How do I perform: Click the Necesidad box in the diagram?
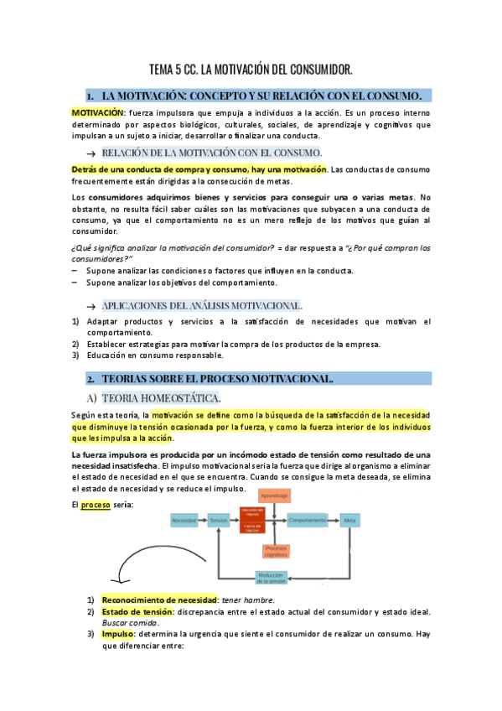coord(184,521)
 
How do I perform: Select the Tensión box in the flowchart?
coord(219,521)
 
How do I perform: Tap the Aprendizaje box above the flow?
coord(275,496)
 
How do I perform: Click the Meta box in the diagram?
coord(349,521)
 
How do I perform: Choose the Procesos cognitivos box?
coord(275,551)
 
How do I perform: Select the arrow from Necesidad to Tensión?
coord(203,521)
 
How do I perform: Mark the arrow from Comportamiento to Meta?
coord(334,521)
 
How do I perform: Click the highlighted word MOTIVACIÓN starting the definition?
coord(96,113)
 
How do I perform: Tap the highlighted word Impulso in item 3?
coord(118,635)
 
